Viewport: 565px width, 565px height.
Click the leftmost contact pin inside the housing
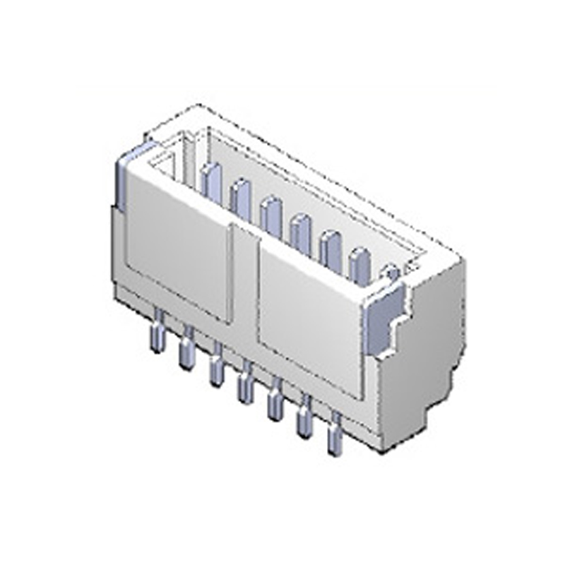(x=210, y=180)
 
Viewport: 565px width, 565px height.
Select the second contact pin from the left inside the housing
(x=240, y=196)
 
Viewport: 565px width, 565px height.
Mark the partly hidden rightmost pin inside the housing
(x=389, y=272)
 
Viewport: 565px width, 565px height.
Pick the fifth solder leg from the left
(x=275, y=403)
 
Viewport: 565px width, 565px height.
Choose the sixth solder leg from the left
(x=304, y=420)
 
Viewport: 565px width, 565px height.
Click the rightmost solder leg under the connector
(x=333, y=436)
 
